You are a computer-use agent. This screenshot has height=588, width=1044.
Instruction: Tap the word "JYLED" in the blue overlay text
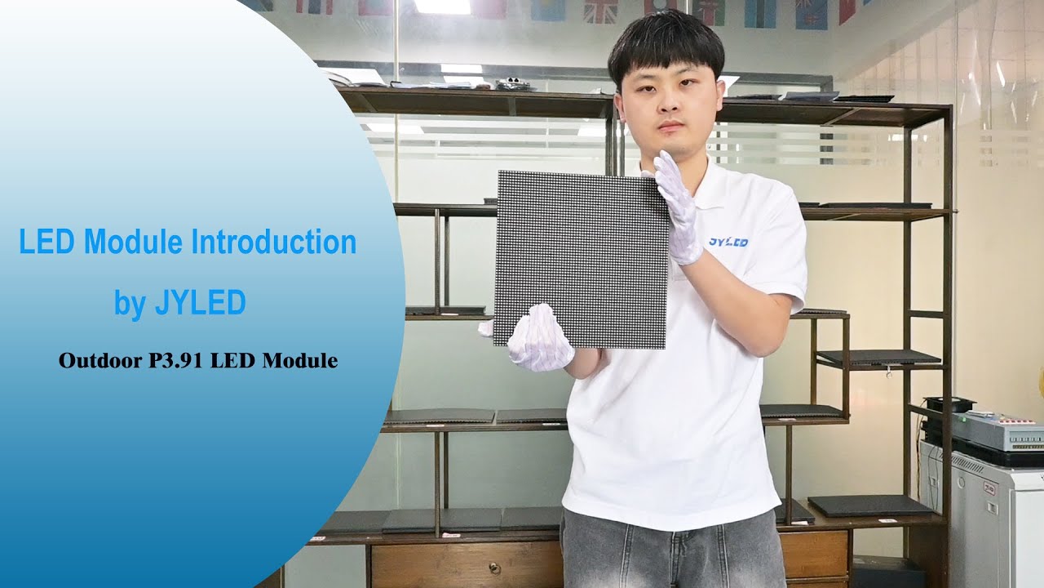(x=199, y=304)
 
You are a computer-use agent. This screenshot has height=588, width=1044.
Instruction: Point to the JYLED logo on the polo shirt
(x=728, y=242)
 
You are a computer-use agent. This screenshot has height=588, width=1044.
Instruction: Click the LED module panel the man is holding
(x=581, y=257)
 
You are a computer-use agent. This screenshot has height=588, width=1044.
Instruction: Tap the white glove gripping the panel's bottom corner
(x=538, y=338)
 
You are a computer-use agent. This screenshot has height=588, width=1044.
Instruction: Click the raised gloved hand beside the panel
(x=677, y=208)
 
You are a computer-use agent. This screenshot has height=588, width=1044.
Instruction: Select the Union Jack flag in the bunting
(x=600, y=11)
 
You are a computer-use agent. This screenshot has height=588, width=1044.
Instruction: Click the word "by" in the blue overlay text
(x=129, y=304)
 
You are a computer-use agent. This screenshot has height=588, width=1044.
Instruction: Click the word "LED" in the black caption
(x=232, y=360)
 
